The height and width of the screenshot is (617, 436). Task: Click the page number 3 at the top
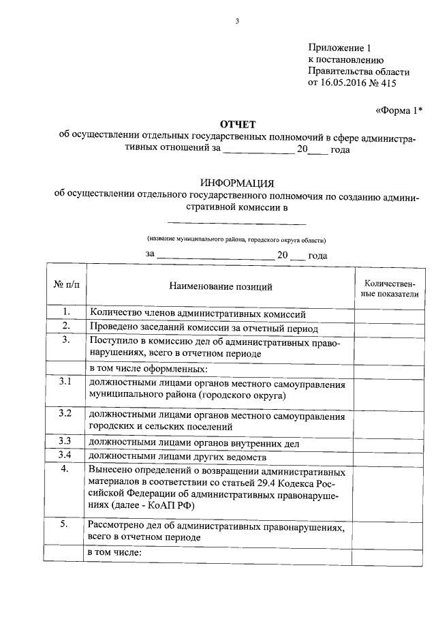coord(237,21)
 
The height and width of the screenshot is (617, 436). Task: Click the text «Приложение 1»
coord(340,48)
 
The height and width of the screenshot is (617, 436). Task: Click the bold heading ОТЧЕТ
coord(237,123)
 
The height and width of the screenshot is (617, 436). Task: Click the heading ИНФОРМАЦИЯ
coord(237,183)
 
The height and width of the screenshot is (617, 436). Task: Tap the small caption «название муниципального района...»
coord(236,240)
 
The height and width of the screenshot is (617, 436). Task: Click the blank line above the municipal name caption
coord(236,223)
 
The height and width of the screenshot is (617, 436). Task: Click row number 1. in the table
coord(66,312)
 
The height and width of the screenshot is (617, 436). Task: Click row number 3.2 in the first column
coord(66,413)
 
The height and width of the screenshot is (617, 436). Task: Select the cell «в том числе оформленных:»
coord(149,368)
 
